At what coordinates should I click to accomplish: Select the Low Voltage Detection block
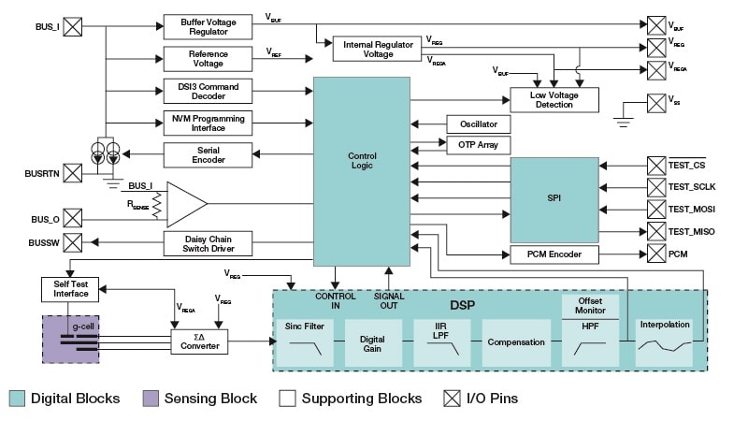pos(554,99)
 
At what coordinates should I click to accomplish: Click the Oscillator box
pos(479,124)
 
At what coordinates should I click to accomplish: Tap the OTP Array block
pos(479,145)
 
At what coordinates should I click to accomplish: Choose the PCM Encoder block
pos(554,254)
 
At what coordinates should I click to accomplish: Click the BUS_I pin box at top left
pos(73,26)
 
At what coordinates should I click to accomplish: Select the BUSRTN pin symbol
pos(73,173)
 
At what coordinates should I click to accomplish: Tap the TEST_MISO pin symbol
pos(654,230)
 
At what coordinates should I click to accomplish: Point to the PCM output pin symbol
pos(654,254)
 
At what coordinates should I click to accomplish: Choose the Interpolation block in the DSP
pos(665,342)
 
